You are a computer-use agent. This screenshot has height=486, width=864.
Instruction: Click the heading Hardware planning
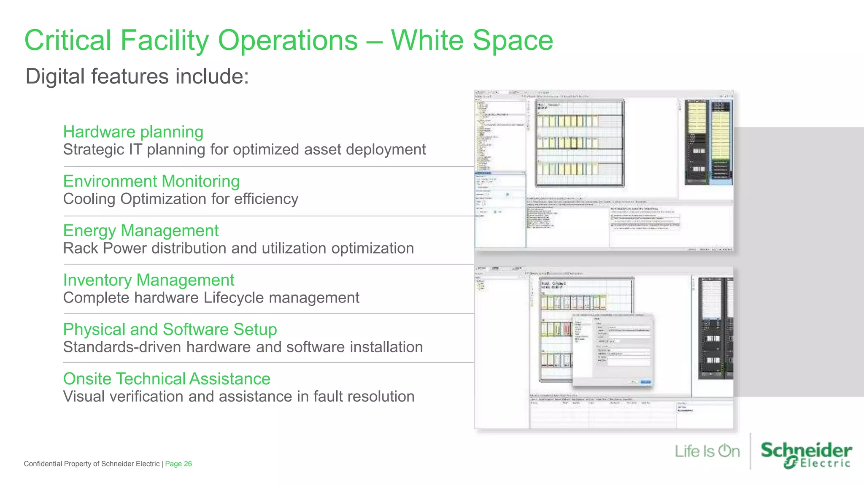click(x=133, y=132)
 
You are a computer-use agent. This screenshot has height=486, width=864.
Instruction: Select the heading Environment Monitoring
click(x=151, y=181)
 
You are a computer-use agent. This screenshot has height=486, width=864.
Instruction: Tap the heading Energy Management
click(x=140, y=231)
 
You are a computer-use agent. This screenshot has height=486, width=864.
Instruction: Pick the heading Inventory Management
click(x=148, y=280)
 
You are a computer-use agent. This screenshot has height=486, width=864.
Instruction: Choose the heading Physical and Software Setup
click(x=170, y=329)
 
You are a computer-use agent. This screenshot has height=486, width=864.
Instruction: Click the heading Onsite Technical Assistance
click(x=167, y=379)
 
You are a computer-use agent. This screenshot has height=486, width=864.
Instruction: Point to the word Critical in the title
click(x=68, y=40)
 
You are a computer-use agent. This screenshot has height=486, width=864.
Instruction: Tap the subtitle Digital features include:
click(x=137, y=76)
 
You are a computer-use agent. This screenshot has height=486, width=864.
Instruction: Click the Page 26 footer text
click(x=178, y=464)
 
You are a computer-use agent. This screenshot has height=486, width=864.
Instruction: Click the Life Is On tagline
click(x=707, y=451)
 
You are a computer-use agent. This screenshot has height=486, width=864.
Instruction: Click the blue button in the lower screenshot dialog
click(x=645, y=382)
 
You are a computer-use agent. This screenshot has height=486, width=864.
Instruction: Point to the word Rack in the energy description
click(x=80, y=248)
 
